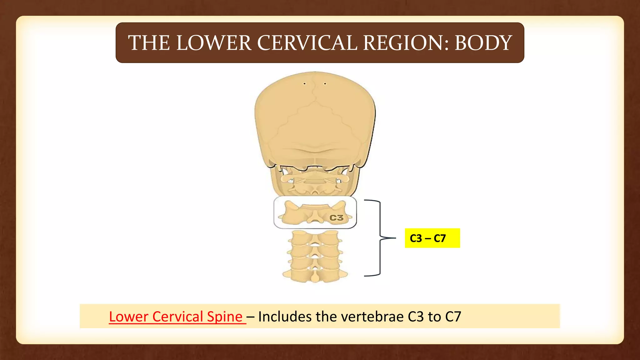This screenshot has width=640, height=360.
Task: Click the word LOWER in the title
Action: pyautogui.click(x=214, y=43)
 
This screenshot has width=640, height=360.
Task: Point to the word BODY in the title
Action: pyautogui.click(x=483, y=43)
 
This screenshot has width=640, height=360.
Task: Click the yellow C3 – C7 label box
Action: pyautogui.click(x=432, y=238)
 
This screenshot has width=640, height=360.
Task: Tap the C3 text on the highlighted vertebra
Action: pyautogui.click(x=337, y=218)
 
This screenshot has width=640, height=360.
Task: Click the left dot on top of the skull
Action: pyautogui.click(x=304, y=84)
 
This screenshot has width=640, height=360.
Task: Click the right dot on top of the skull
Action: pyautogui.click(x=325, y=84)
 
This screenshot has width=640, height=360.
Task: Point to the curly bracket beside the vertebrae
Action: pyautogui.click(x=380, y=238)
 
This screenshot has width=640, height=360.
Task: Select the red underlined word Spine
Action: pyautogui.click(x=225, y=317)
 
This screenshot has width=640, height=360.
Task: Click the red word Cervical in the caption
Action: pyautogui.click(x=177, y=317)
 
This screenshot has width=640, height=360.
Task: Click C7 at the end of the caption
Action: pyautogui.click(x=453, y=317)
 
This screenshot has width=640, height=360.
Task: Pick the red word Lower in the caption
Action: pyautogui.click(x=128, y=317)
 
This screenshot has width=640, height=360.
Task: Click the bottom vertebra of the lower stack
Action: pyautogui.click(x=315, y=275)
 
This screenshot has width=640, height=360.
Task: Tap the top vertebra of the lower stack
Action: pyautogui.click(x=315, y=238)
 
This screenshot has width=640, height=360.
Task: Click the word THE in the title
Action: pyautogui.click(x=149, y=43)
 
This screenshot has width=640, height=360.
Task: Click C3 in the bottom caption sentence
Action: pyautogui.click(x=416, y=317)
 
